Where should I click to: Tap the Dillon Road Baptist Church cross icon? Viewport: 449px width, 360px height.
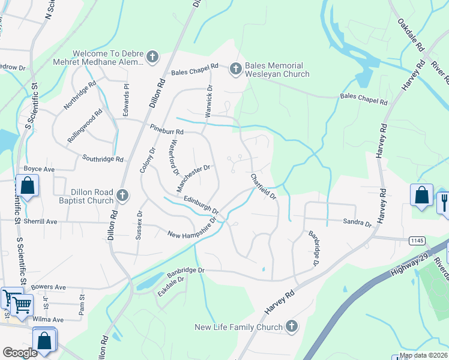point(122,195)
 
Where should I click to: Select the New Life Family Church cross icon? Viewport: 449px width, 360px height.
point(291,326)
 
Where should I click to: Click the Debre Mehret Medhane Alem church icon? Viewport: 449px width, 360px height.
point(152,57)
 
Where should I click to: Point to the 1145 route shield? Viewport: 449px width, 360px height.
point(416,240)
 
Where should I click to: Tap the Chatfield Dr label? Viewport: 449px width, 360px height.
point(263,186)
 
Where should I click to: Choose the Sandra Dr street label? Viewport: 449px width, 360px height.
point(357,223)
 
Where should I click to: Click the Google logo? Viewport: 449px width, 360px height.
point(20,352)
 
